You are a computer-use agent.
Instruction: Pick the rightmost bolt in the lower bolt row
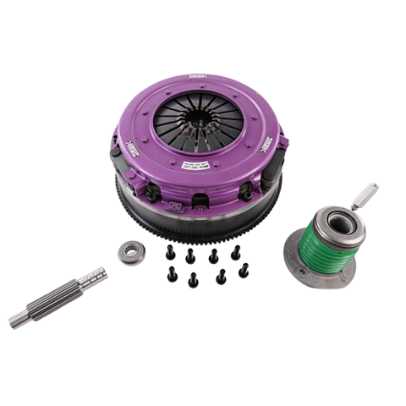coord(244,270)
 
